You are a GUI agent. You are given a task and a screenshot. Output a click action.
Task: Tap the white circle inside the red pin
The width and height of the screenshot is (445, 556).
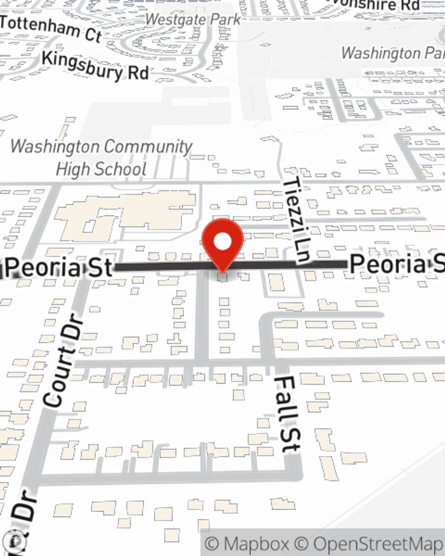(222, 242)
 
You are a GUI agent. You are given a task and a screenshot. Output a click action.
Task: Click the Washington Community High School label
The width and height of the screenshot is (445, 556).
(101, 157)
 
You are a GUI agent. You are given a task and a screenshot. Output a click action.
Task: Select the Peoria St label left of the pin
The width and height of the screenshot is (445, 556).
(60, 267)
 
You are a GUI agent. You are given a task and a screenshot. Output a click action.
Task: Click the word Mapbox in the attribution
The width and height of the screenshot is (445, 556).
(256, 544)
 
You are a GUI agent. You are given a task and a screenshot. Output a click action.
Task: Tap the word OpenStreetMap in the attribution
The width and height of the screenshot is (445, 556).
(378, 544)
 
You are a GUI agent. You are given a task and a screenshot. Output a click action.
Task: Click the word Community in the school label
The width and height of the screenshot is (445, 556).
(147, 146)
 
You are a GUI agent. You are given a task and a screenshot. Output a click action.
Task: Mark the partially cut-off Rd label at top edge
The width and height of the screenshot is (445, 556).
(378, 5)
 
